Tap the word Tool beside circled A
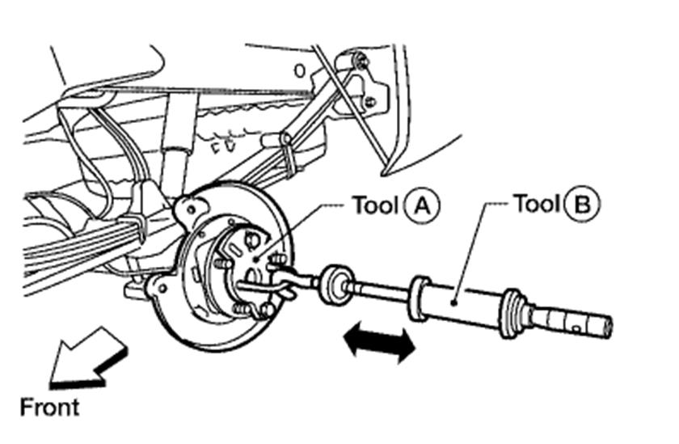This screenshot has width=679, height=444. click(375, 204)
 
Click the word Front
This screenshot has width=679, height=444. click(50, 406)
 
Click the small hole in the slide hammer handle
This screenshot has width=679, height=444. click(572, 328)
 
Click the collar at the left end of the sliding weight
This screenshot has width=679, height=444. click(419, 297)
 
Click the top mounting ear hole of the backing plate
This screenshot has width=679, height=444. click(190, 208)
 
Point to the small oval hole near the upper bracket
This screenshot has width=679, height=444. click(300, 71)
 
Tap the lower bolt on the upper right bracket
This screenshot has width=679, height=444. click(369, 102)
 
